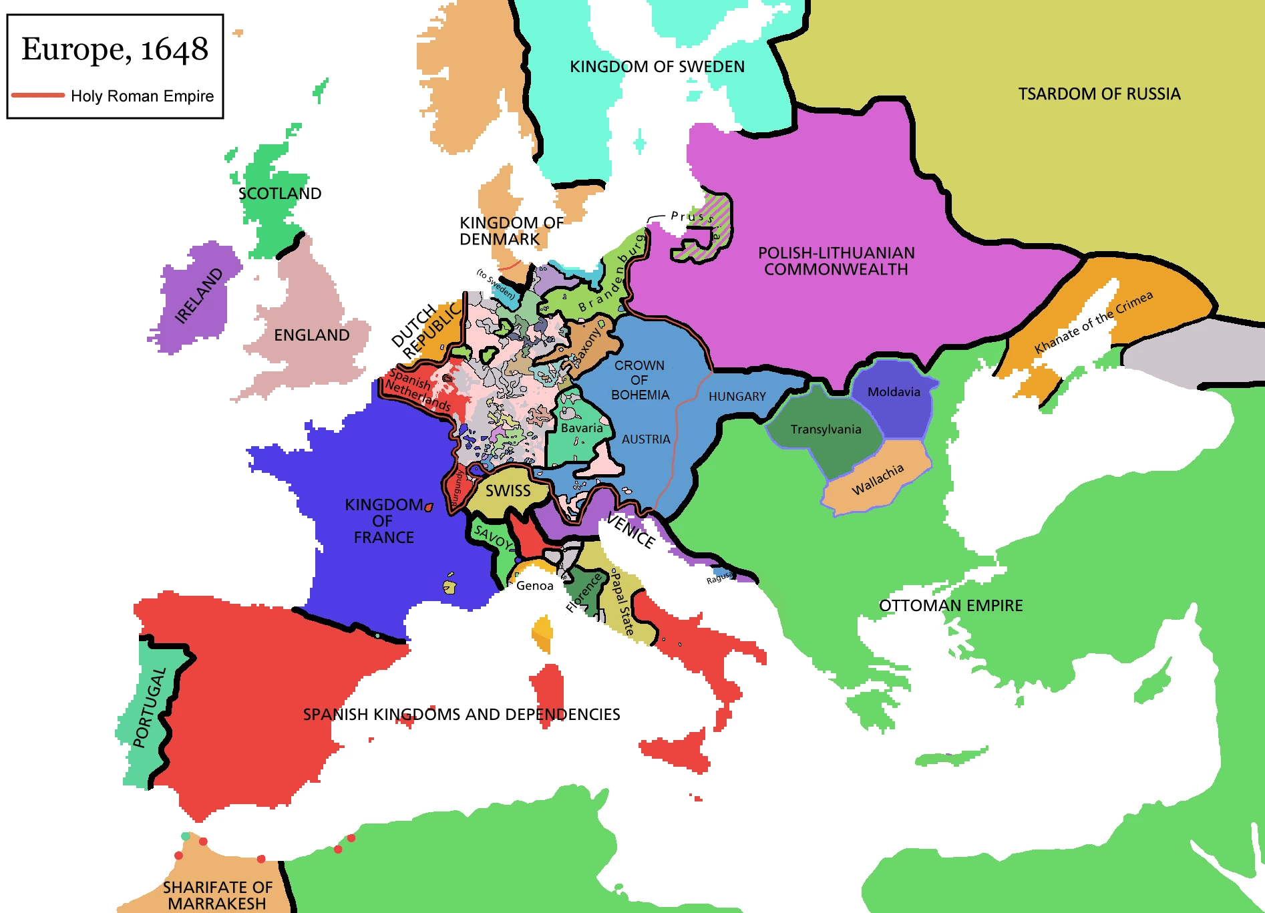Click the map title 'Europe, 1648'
coord(115,49)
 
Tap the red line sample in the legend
coord(38,96)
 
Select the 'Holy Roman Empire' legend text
coord(142,96)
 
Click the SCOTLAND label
coord(280,194)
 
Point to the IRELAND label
coord(198,296)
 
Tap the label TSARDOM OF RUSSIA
coord(1099,94)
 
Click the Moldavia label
coord(894,392)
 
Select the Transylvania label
coord(826,429)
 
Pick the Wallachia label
coord(878,479)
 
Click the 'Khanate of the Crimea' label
coord(1093,323)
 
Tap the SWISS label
coord(508,491)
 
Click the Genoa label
coord(534,586)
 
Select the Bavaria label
coord(581,428)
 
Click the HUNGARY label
coord(737,397)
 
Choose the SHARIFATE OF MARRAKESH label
coord(217,895)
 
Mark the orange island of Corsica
coord(543,632)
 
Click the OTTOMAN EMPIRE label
coord(950,606)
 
